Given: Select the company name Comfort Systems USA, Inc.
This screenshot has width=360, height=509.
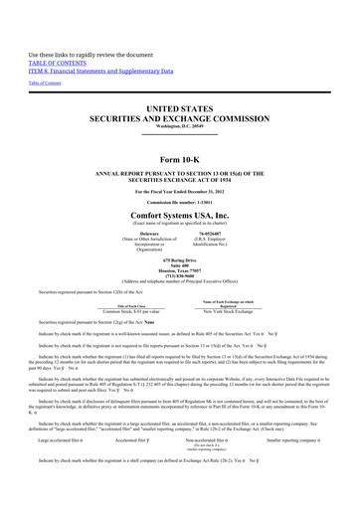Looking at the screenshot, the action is (x=180, y=213).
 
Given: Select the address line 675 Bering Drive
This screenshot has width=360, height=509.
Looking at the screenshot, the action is (x=180, y=272).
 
